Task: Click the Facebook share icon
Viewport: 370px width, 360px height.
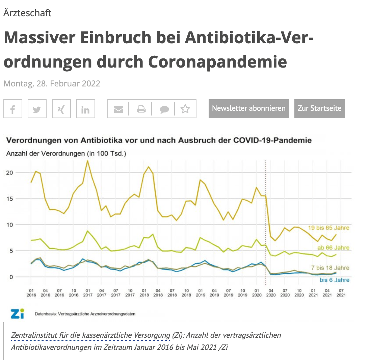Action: click(13, 109)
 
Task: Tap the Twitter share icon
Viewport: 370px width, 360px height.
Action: click(37, 109)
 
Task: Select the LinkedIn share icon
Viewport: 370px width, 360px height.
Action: click(86, 109)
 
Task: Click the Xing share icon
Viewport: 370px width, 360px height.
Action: click(61, 109)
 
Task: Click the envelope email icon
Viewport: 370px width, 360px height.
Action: click(118, 109)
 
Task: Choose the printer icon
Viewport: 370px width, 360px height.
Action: click(141, 109)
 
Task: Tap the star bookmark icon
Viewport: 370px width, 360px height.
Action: click(185, 109)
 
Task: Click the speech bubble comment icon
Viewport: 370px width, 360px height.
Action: click(164, 109)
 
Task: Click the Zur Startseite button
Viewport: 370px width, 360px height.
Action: click(319, 109)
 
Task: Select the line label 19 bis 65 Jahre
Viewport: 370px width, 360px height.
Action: click(328, 228)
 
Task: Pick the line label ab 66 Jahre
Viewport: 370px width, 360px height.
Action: click(333, 248)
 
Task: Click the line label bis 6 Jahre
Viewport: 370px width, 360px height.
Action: click(335, 280)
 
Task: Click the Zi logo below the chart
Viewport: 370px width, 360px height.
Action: click(17, 313)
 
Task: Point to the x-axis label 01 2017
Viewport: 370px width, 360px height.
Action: click(87, 292)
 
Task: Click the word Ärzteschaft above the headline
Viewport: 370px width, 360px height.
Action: click(27, 13)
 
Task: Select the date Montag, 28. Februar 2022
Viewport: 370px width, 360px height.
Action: click(52, 83)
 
